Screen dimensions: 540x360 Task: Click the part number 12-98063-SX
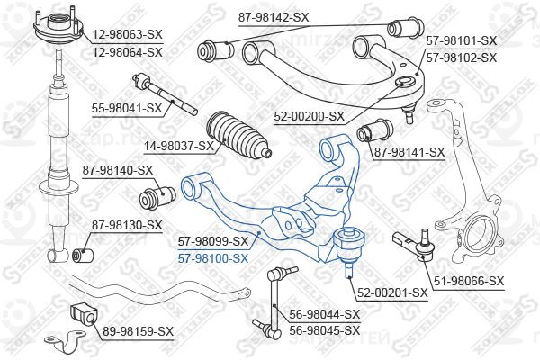coord(127,34)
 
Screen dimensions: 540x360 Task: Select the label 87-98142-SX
coord(274,17)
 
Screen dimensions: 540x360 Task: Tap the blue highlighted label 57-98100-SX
coord(212,258)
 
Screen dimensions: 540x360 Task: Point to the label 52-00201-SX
coord(392,293)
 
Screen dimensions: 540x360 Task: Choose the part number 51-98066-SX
coord(469,281)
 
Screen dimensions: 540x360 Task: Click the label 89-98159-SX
coord(138,332)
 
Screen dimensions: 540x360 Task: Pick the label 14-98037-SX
coord(179,147)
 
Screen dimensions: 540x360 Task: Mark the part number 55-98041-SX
coord(127,109)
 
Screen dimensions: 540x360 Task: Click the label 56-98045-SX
coord(324,330)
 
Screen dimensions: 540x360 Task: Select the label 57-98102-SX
coord(462,58)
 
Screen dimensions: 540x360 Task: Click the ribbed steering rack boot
coord(238,136)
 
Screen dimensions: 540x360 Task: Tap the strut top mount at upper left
coord(58,27)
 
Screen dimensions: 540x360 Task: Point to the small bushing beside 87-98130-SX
coord(83,255)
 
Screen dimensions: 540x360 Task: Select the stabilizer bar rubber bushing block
coord(84,315)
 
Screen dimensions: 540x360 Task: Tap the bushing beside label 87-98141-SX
coord(374,130)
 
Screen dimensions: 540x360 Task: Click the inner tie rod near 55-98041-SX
coord(166,94)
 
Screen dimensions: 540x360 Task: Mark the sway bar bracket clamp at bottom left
coord(65,340)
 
